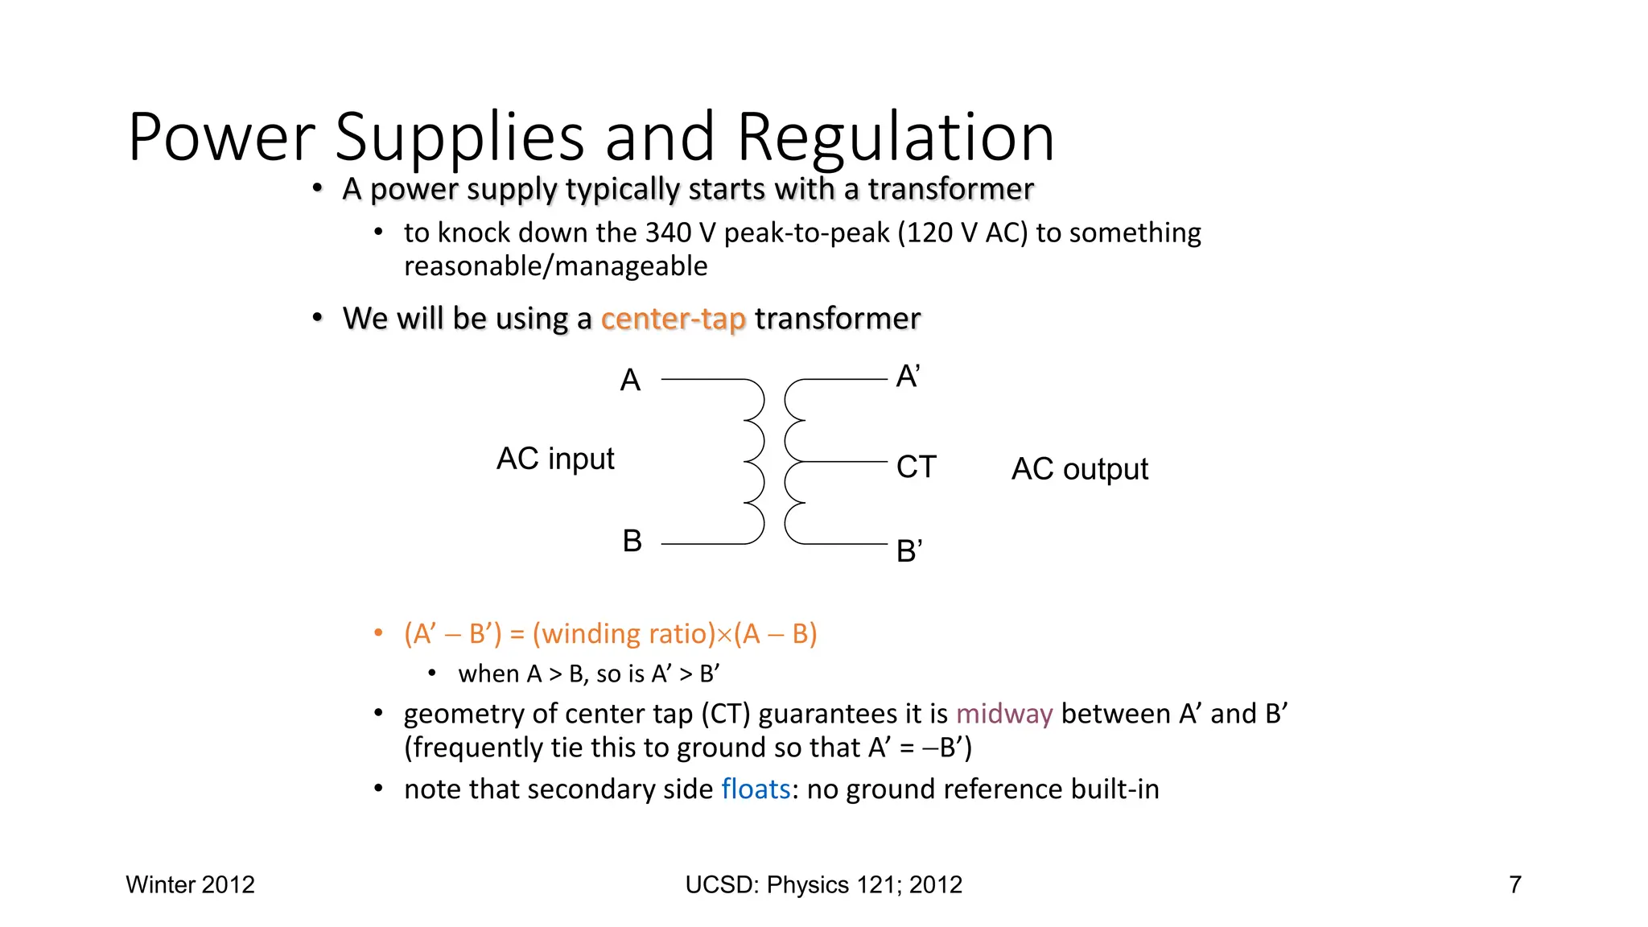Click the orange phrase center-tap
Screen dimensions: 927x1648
click(673, 319)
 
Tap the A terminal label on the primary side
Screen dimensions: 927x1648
click(630, 380)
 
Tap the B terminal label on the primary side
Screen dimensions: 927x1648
click(632, 541)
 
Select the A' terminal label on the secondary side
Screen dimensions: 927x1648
click(908, 377)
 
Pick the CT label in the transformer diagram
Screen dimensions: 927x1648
click(917, 467)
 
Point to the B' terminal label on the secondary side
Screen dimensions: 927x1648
click(909, 551)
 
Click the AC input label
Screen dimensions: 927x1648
click(555, 459)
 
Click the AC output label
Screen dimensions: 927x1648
click(1079, 469)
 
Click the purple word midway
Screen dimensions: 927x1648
click(1004, 714)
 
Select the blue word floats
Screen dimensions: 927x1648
click(756, 789)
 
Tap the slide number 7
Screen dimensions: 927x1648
click(1515, 884)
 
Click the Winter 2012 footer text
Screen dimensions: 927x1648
click(190, 884)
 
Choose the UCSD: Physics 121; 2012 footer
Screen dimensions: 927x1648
click(823, 884)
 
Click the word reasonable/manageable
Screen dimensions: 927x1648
click(555, 266)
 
